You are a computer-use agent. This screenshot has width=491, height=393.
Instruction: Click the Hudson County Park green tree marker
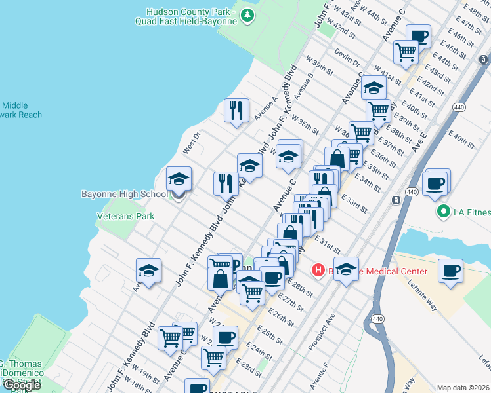point(247,15)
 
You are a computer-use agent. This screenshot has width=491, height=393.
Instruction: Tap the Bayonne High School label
point(124,195)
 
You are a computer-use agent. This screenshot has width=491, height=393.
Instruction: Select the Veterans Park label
point(125,215)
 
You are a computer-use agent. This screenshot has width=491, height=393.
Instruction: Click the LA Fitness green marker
point(444,212)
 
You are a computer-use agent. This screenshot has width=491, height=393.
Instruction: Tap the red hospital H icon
point(318,270)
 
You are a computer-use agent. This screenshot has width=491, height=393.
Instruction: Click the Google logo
point(22,385)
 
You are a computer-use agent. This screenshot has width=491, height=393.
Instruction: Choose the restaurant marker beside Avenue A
point(236,110)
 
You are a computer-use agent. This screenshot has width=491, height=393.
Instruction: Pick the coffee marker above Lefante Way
point(450,271)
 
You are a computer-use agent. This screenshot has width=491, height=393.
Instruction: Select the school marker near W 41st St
point(374,87)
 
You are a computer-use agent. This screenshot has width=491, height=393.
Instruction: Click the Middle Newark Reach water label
point(20,110)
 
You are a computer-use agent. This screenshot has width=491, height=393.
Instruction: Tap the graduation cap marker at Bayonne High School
point(178,179)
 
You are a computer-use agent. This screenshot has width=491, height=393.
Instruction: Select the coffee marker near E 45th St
point(418,36)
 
